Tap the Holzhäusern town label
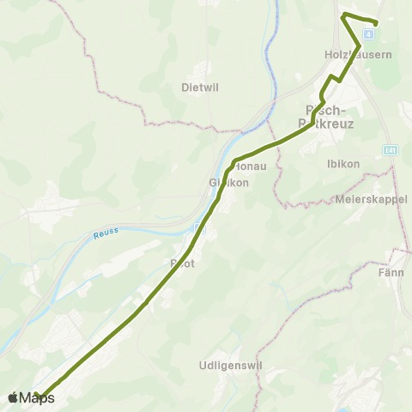pyautogui.click(x=357, y=54)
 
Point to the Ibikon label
pyautogui.click(x=343, y=163)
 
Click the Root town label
pyautogui.click(x=184, y=264)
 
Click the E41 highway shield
pyautogui.click(x=391, y=150)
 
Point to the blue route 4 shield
pyautogui.click(x=367, y=34)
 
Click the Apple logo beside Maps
pyautogui.click(x=13, y=397)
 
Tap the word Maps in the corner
pyautogui.click(x=37, y=397)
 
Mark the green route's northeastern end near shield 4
pyautogui.click(x=376, y=22)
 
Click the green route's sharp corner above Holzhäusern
pyautogui.click(x=343, y=15)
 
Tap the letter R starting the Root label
pyautogui.click(x=174, y=264)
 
